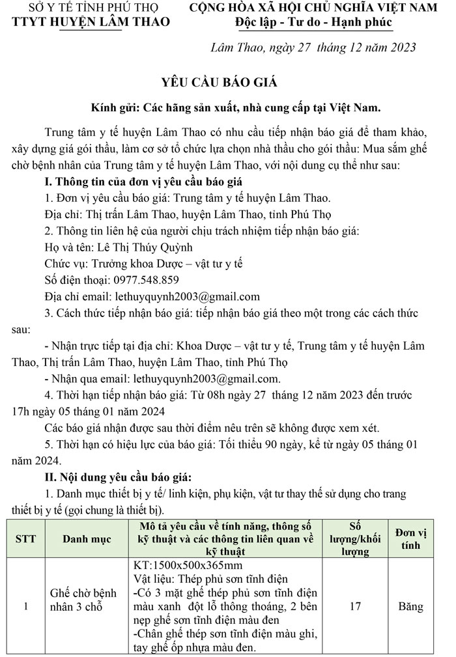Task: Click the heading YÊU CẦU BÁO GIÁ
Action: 220,82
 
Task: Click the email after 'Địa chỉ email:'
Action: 187,296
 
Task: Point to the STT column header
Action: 25,538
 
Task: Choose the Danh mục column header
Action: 87,538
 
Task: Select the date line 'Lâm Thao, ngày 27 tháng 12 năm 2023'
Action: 314,48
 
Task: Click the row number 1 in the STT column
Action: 25,606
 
